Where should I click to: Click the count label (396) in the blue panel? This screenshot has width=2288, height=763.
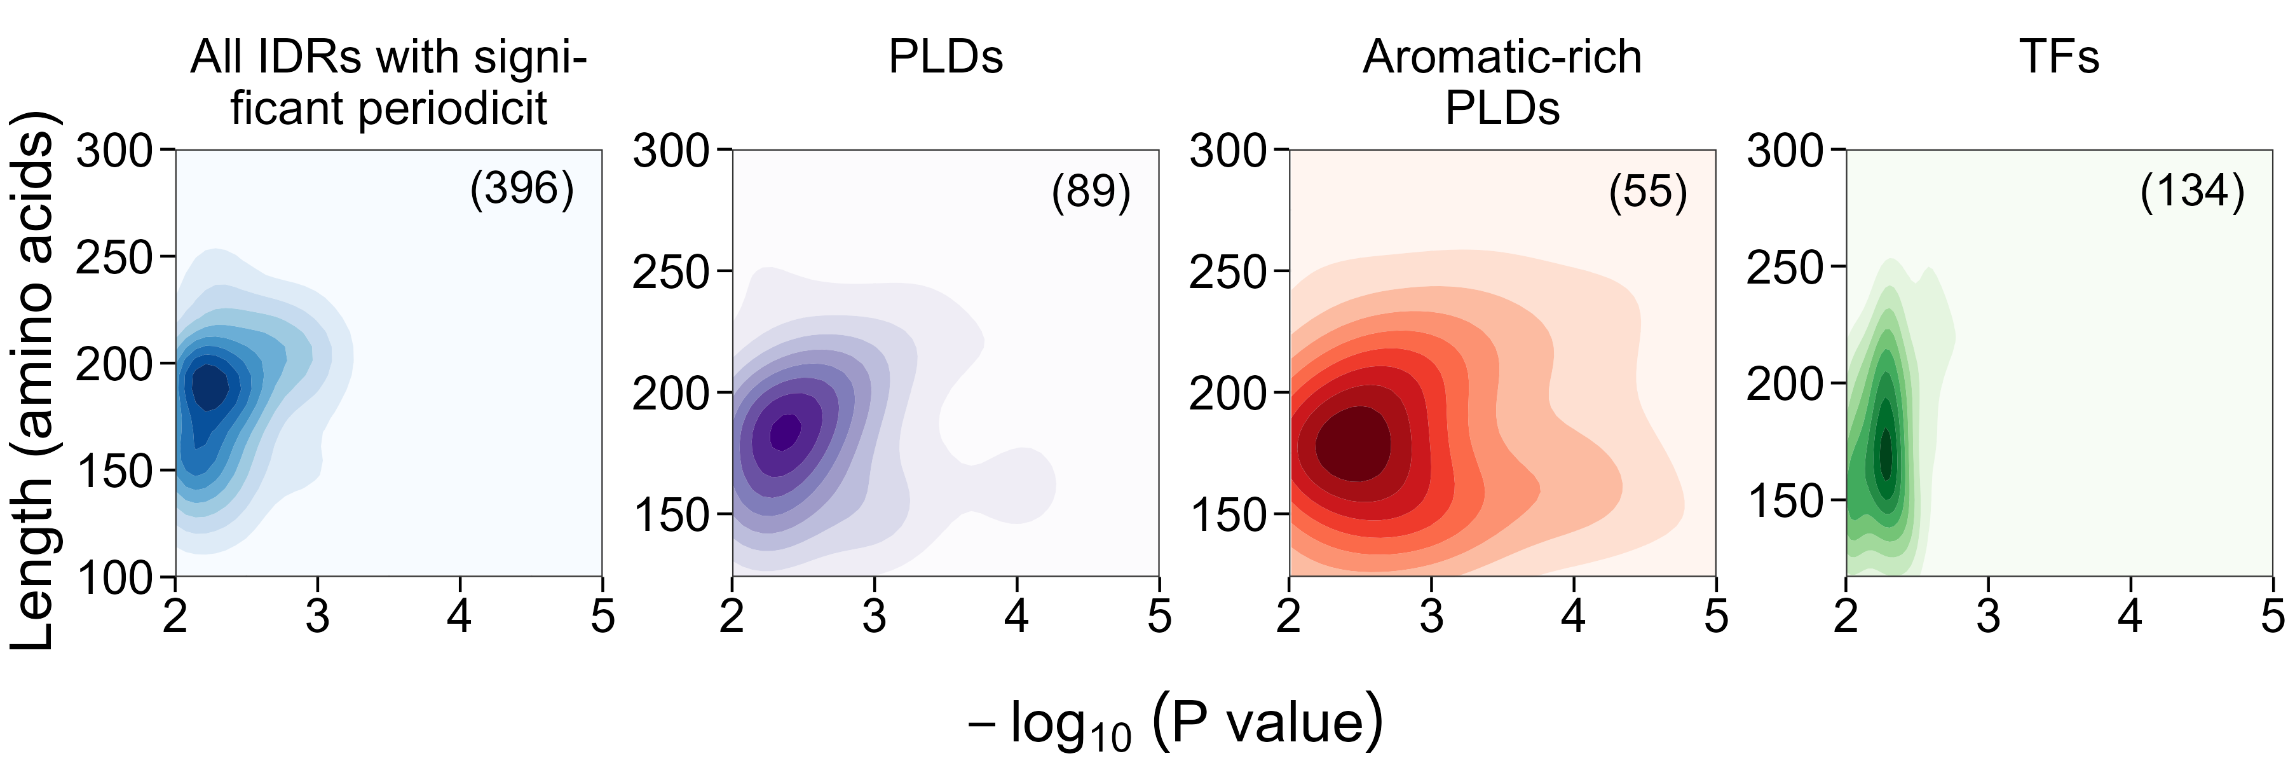pyautogui.click(x=522, y=188)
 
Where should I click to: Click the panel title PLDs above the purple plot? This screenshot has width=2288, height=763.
pyautogui.click(x=945, y=58)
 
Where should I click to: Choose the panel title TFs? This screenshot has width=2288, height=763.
pyautogui.click(x=2059, y=58)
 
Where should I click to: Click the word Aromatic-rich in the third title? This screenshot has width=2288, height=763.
pyautogui.click(x=1502, y=58)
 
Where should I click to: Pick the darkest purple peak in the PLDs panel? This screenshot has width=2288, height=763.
pyautogui.click(x=785, y=432)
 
